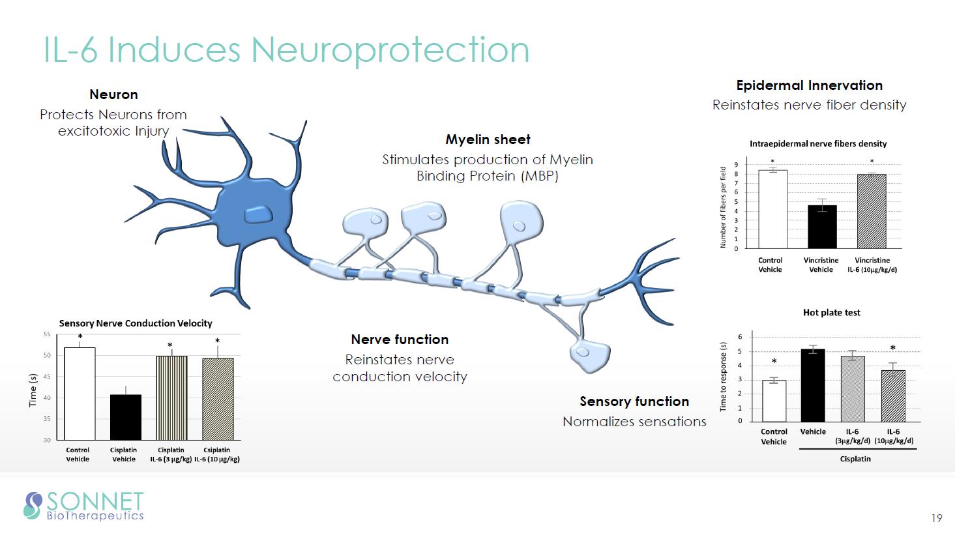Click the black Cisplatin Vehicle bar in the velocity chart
125,417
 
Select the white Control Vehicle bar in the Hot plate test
774,401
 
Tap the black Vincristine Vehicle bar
821,226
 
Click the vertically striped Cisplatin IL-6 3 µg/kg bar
171,398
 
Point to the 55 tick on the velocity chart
46,334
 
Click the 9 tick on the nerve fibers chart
736,165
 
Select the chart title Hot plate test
831,313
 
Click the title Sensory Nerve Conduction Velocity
136,323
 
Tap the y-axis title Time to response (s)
723,377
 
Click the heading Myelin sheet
488,139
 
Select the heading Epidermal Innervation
809,85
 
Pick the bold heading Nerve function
400,340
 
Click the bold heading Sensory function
634,401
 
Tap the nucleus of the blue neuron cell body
259,214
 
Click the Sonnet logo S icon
33,505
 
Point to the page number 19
937,519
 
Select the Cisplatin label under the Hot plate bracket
855,459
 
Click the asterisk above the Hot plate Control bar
774,362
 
